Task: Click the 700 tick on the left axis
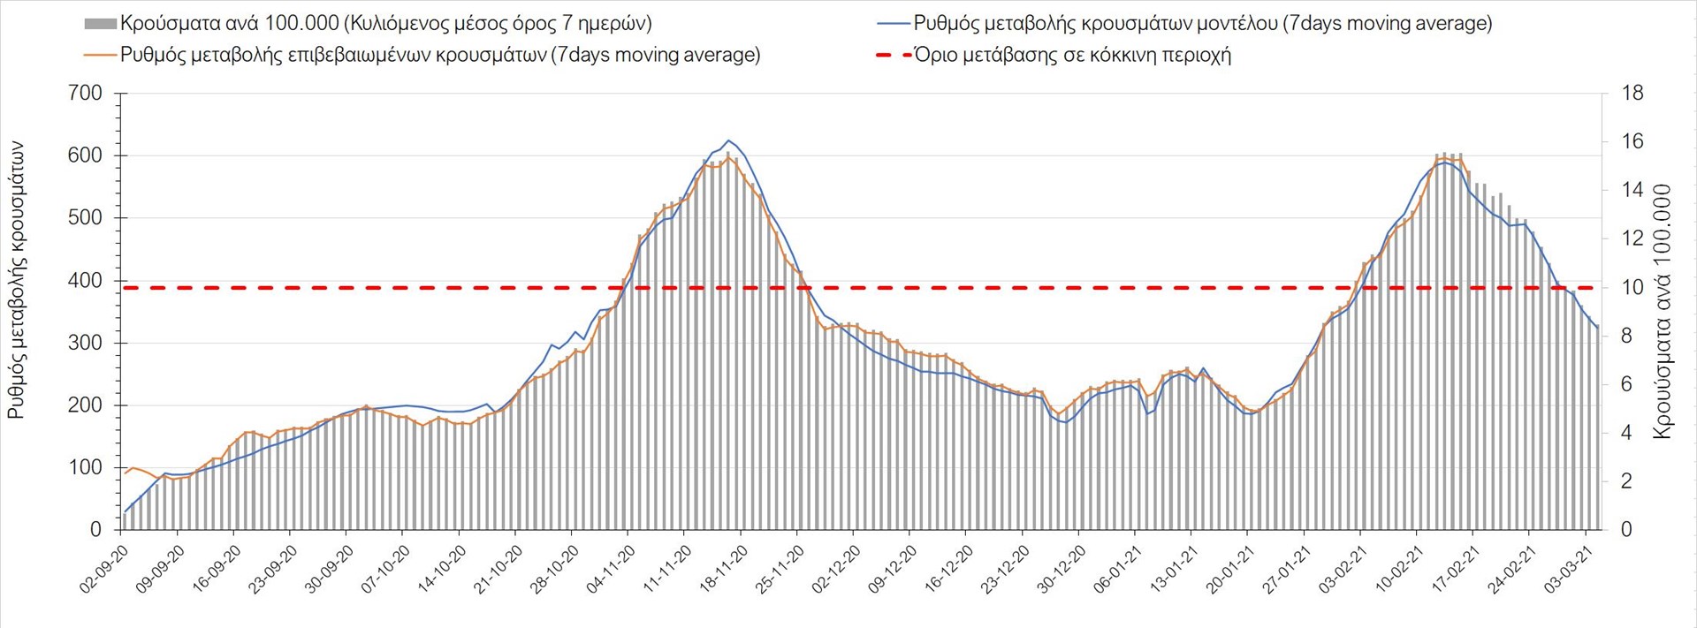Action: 85,93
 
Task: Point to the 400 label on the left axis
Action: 85,280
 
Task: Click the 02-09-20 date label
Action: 104,569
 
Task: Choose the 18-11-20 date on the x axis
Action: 724,569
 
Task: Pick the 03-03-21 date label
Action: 1569,569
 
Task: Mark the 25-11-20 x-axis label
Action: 780,569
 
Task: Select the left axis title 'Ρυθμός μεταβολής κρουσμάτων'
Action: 16,280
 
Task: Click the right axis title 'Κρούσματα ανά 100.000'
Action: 1662,311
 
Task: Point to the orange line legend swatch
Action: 100,55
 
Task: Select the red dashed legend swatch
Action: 893,55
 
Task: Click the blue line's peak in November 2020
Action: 728,140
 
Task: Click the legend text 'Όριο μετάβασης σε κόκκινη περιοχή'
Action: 1072,55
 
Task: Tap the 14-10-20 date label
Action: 442,569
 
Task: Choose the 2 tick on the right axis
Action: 1627,481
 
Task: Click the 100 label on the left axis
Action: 85,467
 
